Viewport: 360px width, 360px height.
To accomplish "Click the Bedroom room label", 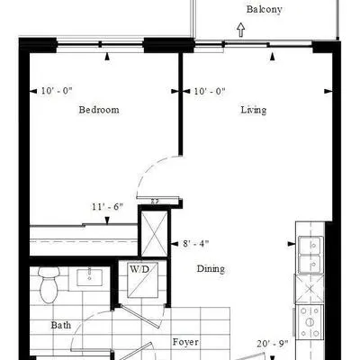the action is coord(99,110).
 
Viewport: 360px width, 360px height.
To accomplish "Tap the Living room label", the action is coord(254,110).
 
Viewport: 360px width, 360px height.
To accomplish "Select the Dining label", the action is coord(211,269).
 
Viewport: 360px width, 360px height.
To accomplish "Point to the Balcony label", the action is coord(265,9).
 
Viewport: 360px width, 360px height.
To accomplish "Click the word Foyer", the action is coord(185,342).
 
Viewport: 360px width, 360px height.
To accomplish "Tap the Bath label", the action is coord(61,325).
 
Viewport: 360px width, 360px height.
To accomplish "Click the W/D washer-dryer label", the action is coord(139,269).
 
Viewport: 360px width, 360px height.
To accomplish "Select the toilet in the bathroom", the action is coord(49,284).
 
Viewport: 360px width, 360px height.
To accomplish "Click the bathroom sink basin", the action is coord(89,277).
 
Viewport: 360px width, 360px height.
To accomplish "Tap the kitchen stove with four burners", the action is coord(310,322).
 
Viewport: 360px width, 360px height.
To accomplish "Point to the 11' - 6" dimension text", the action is coord(108,207).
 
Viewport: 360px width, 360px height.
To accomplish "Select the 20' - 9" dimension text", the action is coord(273,344).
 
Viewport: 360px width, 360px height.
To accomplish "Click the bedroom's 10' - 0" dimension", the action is coord(57,91).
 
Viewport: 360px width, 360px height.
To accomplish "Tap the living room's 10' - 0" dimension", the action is coord(210,91).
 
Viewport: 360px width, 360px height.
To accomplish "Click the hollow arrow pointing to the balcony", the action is coord(241,30).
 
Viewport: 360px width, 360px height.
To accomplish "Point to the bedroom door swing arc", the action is coord(148,167).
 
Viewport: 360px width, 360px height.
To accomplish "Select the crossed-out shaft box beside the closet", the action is coord(154,234).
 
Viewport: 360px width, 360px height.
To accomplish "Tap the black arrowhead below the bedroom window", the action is coord(107,57).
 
